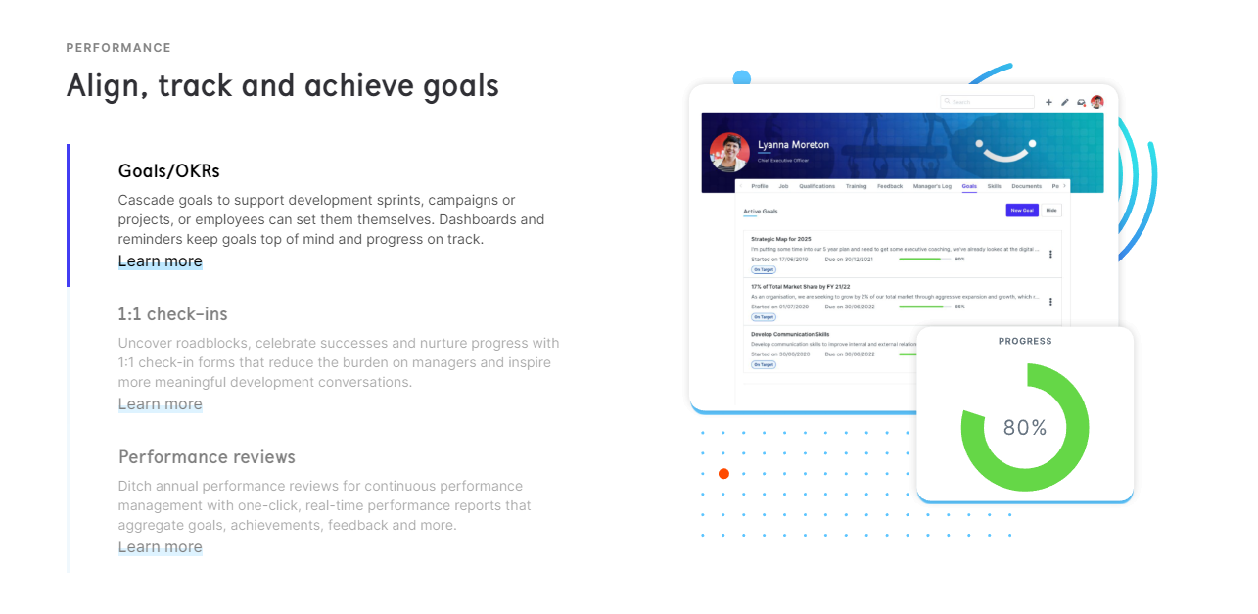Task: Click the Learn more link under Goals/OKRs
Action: tap(161, 261)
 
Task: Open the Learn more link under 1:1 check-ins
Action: tap(161, 404)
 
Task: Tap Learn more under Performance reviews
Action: tap(161, 547)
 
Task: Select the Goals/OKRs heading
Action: tap(169, 171)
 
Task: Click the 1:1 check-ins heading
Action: tap(173, 314)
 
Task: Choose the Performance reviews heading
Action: tap(207, 457)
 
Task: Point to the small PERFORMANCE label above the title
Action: tap(118, 48)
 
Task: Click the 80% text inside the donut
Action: tap(1025, 428)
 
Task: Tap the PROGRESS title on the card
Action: tap(1025, 341)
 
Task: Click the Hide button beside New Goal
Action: tap(1051, 211)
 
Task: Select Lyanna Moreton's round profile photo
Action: tap(729, 153)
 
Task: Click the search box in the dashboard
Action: tap(988, 102)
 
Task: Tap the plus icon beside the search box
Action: tap(1049, 102)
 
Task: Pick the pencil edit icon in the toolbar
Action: tap(1065, 102)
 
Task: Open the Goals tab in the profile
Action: tap(969, 185)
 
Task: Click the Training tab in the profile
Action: tap(856, 185)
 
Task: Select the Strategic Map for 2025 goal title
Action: tap(781, 239)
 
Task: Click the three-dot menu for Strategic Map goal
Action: tap(1050, 254)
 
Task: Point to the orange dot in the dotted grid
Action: tap(723, 474)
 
